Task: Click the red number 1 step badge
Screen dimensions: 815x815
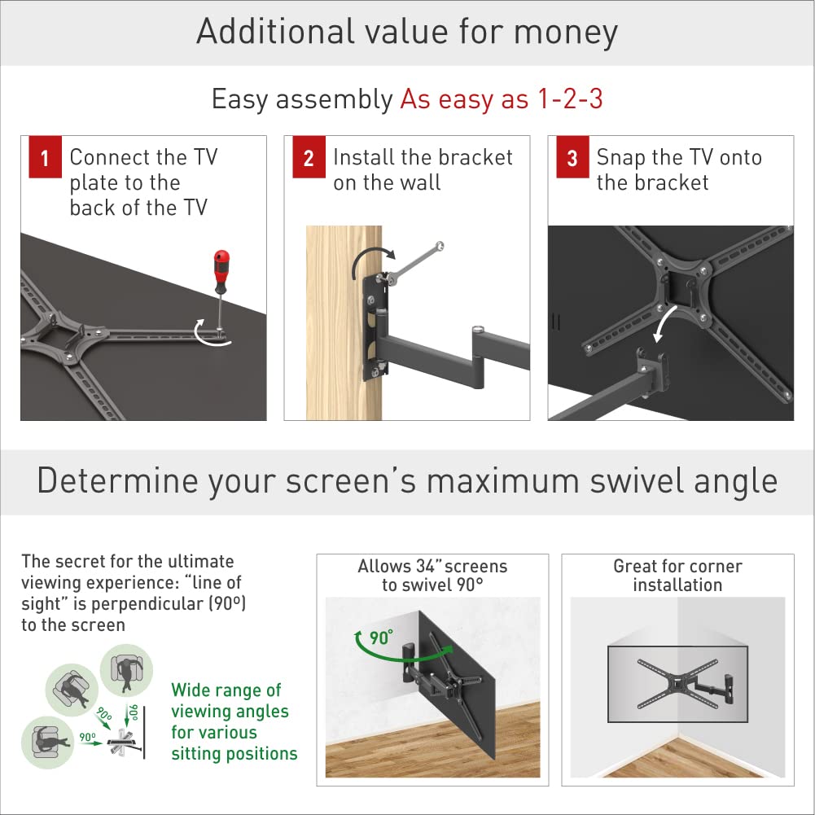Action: coord(46,157)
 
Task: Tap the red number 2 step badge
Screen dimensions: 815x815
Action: coord(309,157)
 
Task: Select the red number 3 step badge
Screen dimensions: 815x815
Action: coord(572,157)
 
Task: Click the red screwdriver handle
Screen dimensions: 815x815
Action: coord(221,266)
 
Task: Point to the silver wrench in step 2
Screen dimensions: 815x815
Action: coord(414,264)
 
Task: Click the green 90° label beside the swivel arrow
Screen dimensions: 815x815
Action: coord(381,638)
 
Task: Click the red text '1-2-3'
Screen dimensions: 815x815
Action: coord(570,99)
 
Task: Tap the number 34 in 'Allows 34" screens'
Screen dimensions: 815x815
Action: coord(425,566)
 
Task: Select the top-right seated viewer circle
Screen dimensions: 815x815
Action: coord(126,670)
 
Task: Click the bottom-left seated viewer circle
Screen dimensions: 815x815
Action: coord(47,743)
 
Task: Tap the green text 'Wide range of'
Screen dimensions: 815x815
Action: coord(226,690)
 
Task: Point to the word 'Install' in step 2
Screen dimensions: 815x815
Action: coord(363,157)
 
